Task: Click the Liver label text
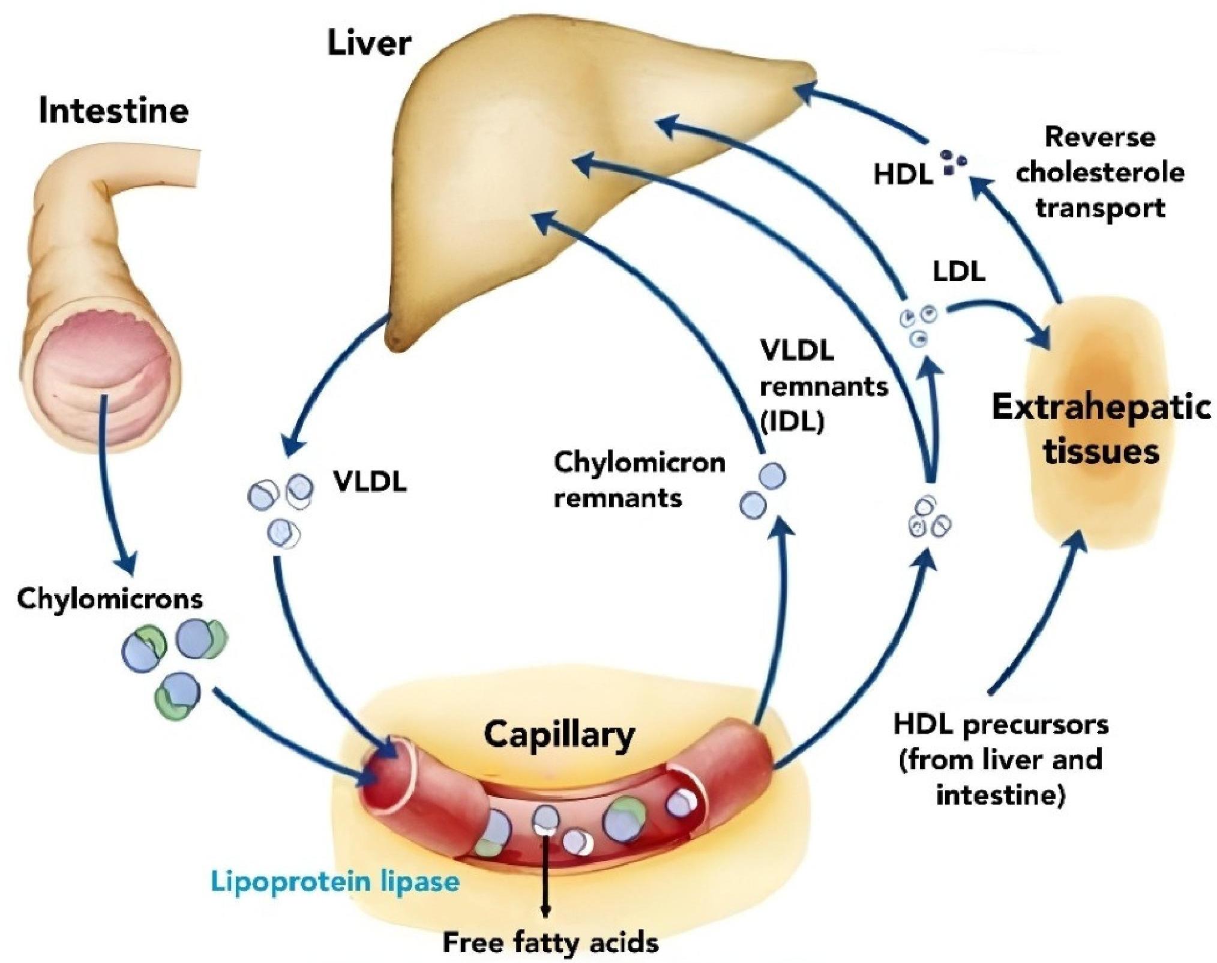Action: (x=369, y=44)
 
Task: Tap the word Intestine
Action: (x=113, y=111)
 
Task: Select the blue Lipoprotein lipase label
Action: (x=335, y=881)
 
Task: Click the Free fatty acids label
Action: (x=550, y=943)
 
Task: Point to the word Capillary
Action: (x=559, y=734)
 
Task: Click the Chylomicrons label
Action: (x=110, y=599)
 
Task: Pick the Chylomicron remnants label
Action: (x=639, y=480)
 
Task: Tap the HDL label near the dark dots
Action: (x=903, y=175)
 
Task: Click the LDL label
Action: (x=958, y=272)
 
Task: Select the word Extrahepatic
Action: (x=1101, y=407)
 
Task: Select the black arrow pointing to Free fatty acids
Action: (x=545, y=877)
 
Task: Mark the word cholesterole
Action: (x=1099, y=173)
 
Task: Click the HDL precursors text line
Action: (x=1000, y=725)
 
